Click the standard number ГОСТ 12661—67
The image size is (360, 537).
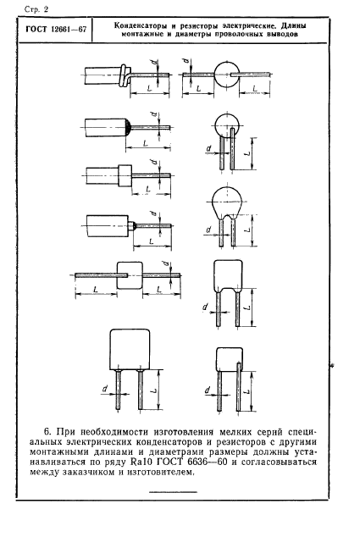click(x=56, y=29)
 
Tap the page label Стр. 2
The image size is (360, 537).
click(x=36, y=9)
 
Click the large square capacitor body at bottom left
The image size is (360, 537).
click(x=130, y=350)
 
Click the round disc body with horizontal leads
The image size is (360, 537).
click(x=226, y=74)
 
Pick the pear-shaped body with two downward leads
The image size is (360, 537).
click(x=227, y=203)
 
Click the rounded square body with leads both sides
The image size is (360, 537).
click(x=129, y=275)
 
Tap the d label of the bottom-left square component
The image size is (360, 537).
click(x=105, y=389)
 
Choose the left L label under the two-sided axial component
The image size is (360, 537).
click(x=96, y=290)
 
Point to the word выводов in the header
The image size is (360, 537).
click(x=282, y=34)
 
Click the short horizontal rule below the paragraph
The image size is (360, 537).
click(x=173, y=492)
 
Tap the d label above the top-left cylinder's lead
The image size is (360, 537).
click(x=156, y=63)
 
